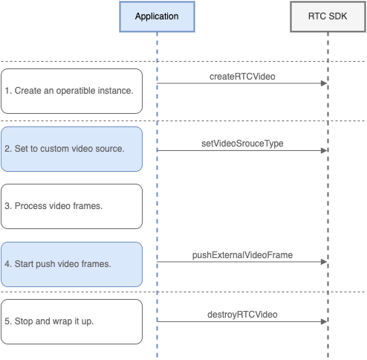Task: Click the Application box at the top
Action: coord(157,16)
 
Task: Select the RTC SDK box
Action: coord(328,16)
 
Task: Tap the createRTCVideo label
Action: coord(242,77)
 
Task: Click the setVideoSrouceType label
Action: coord(242,144)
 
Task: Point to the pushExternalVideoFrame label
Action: coord(242,255)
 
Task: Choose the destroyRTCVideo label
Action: coord(242,315)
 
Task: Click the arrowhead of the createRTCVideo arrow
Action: coord(324,83)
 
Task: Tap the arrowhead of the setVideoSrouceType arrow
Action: coord(324,150)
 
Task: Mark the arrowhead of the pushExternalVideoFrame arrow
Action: coord(324,262)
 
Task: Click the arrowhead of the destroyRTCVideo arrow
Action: coord(324,321)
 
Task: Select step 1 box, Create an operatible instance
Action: coord(71,91)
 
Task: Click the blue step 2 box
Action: coord(71,149)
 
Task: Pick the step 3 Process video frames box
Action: coord(71,206)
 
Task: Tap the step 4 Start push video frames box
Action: coord(71,264)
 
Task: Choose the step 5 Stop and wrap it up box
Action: coord(71,321)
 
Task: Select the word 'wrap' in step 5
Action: coord(62,321)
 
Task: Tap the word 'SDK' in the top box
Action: coord(338,16)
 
